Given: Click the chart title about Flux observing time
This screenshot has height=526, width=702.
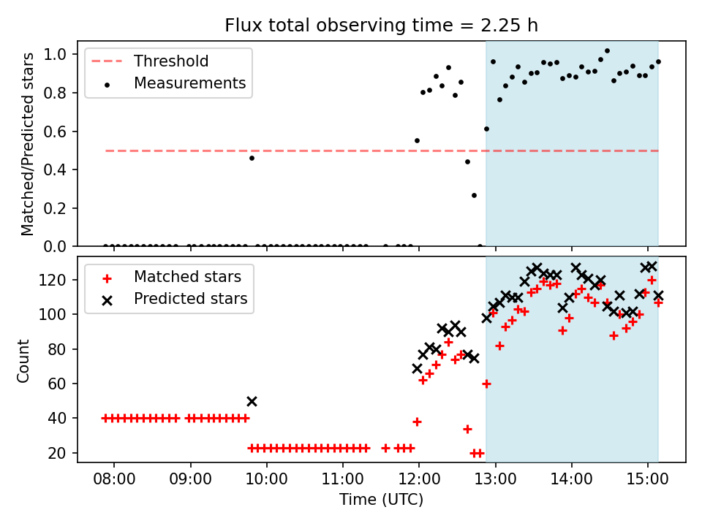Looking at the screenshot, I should pos(381,26).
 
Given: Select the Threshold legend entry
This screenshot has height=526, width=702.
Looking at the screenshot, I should pos(170,61).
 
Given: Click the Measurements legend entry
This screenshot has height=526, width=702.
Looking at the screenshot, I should pos(189,83).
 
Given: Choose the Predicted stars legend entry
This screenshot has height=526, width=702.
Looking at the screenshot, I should pos(190,299).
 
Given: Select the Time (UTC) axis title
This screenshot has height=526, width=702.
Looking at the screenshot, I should pos(381,500).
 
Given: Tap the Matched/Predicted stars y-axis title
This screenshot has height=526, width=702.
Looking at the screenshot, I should pos(28,144).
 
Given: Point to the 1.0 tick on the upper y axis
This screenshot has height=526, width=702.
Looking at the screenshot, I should pos(62,55).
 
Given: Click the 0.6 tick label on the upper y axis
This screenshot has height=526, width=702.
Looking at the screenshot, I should pos(62,131).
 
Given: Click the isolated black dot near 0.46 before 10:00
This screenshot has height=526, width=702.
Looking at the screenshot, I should pos(252,158).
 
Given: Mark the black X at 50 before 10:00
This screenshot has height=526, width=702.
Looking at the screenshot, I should pos(252,401).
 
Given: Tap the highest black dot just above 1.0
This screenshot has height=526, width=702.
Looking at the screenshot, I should pos(607,51).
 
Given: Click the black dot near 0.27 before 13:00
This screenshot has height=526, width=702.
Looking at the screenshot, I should pos(474,195).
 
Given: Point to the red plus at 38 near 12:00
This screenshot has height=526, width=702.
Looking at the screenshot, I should pos(417,422).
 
